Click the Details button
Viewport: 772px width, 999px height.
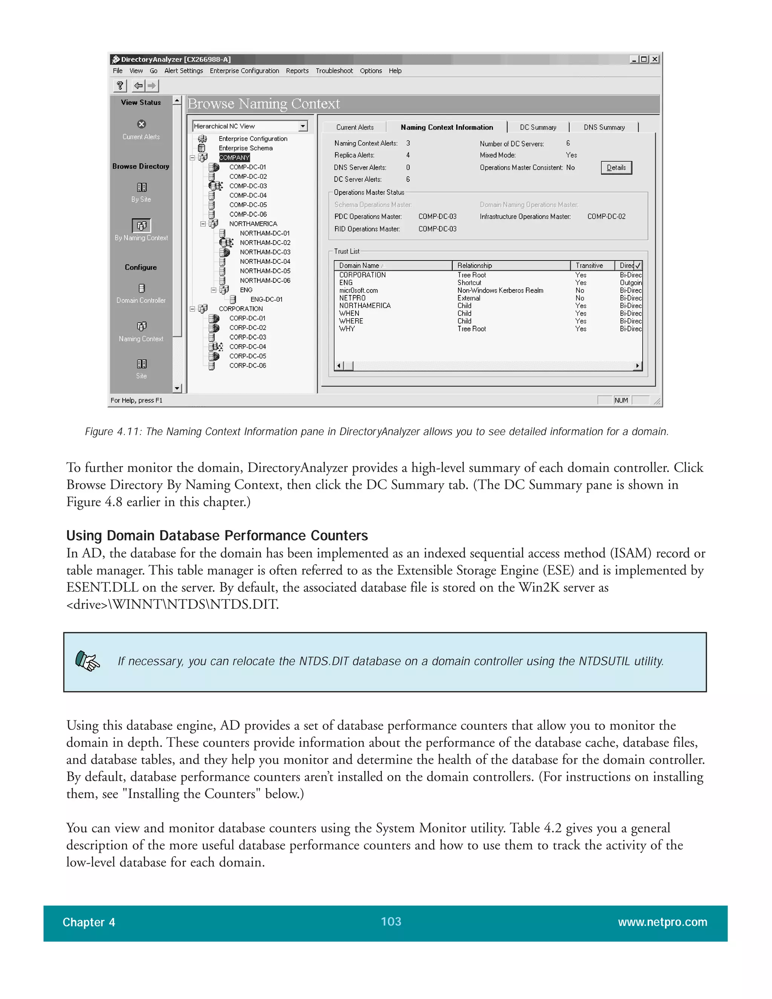pyautogui.click(x=616, y=168)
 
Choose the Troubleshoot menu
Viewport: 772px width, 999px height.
pyautogui.click(x=334, y=71)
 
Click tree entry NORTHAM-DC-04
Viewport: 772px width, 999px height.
pyautogui.click(x=265, y=262)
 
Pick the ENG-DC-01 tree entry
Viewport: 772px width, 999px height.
pyautogui.click(x=266, y=300)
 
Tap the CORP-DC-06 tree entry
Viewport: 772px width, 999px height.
pyautogui.click(x=247, y=365)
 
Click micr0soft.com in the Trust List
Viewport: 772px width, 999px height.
pyautogui.click(x=358, y=290)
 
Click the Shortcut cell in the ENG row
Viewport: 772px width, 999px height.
pyautogui.click(x=469, y=283)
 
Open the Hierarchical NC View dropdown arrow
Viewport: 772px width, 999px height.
pyautogui.click(x=303, y=126)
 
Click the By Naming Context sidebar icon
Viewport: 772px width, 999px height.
pyautogui.click(x=141, y=225)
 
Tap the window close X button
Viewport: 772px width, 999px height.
pyautogui.click(x=655, y=60)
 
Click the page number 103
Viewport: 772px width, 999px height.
pyautogui.click(x=391, y=922)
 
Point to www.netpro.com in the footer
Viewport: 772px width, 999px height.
pyautogui.click(x=662, y=922)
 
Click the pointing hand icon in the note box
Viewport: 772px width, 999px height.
pyautogui.click(x=87, y=661)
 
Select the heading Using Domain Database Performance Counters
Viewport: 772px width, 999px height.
pyautogui.click(x=217, y=536)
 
